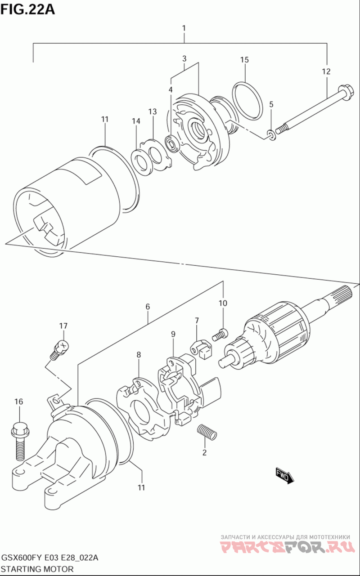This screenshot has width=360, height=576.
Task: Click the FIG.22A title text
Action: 27,10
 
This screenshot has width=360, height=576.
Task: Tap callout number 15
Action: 244,60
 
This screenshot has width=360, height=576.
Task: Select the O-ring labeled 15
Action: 247,99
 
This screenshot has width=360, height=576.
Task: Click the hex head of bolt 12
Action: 345,92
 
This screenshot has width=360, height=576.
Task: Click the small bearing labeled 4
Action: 171,143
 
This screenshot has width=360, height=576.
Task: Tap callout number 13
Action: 153,112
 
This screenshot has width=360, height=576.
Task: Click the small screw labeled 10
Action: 220,335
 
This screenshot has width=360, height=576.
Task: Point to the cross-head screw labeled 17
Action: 59,349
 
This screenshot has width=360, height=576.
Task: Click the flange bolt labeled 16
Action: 20,441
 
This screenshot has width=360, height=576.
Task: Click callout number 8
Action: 139,355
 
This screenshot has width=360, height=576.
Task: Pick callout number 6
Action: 148,307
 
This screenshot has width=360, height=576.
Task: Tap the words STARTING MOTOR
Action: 37,569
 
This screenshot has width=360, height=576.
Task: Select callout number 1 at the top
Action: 184,28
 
